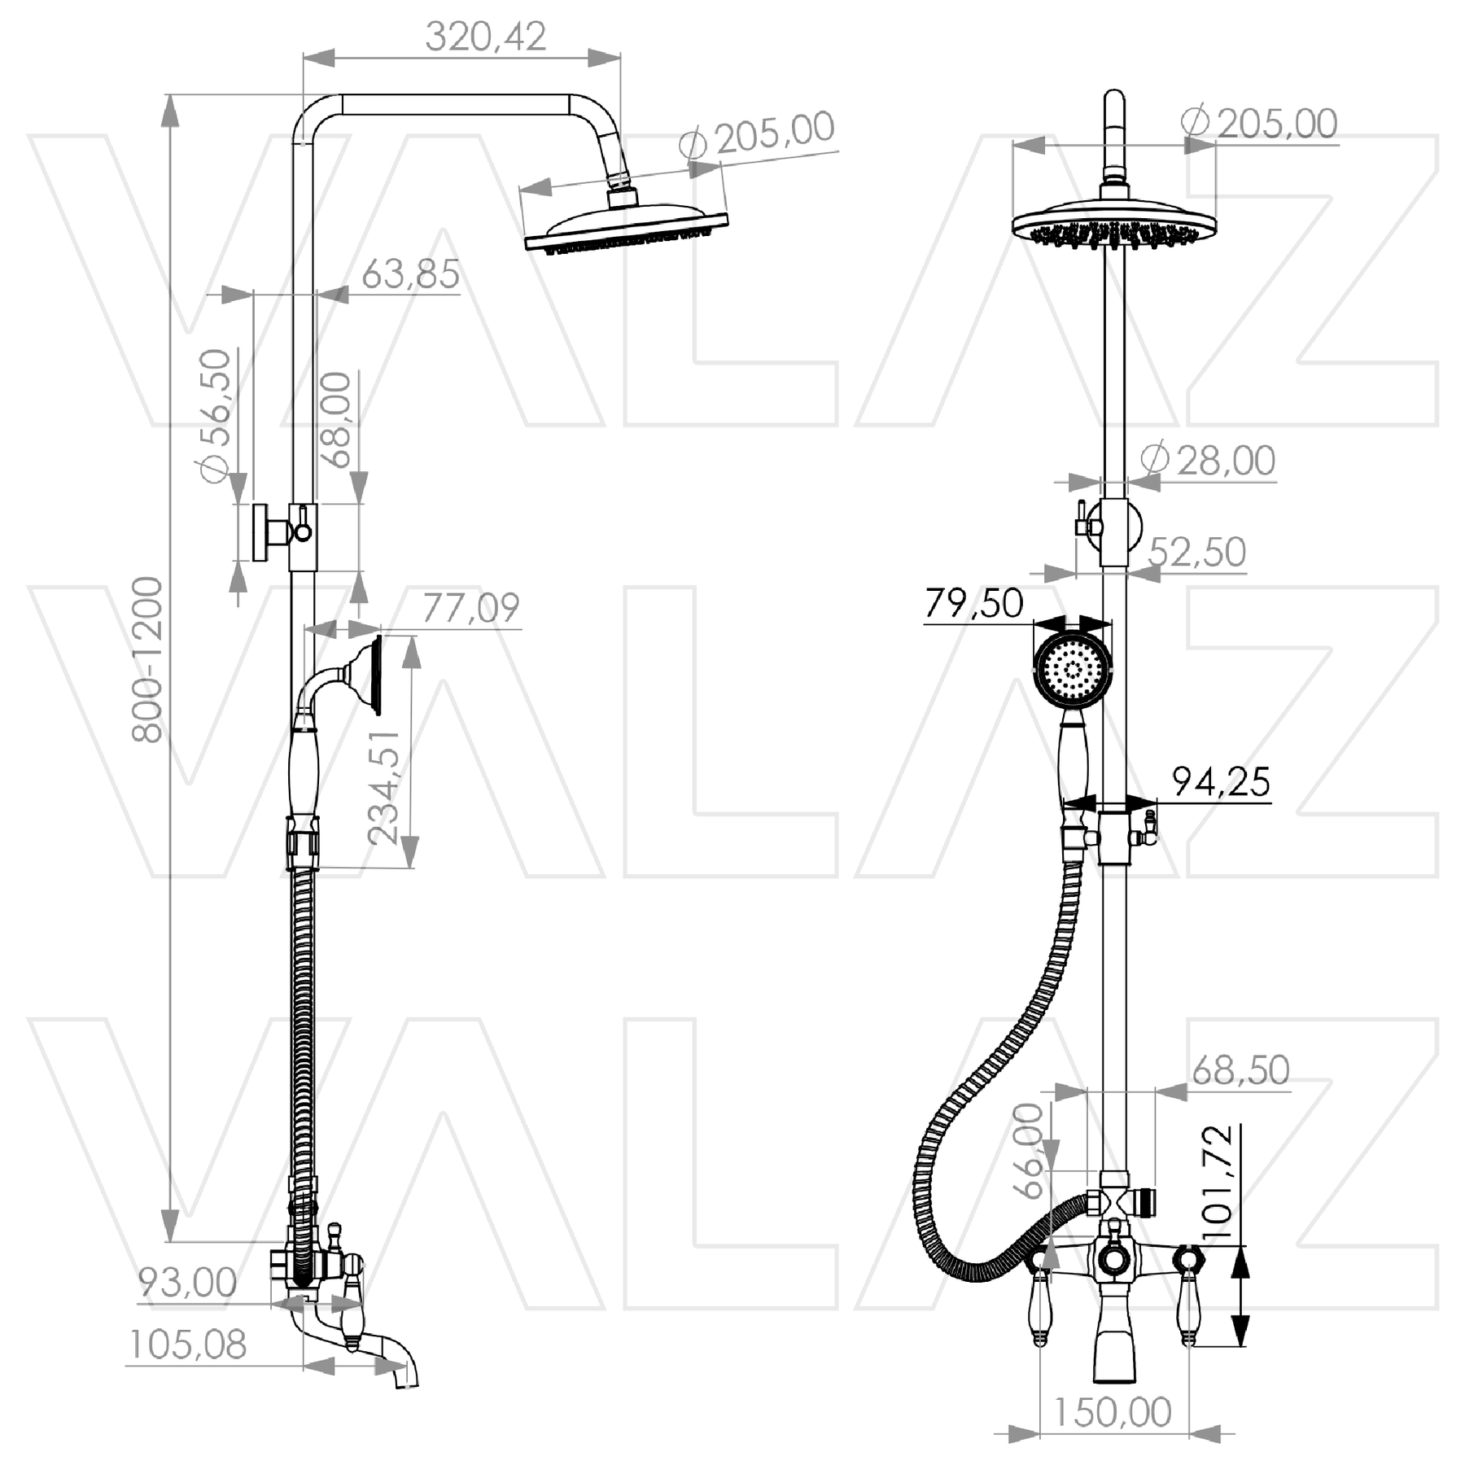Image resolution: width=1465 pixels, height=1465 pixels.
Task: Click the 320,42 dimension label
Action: (485, 37)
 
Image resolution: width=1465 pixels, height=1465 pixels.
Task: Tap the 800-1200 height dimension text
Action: (148, 659)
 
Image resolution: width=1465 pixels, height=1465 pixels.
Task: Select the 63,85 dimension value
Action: (410, 274)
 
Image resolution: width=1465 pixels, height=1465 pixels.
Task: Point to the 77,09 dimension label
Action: (470, 608)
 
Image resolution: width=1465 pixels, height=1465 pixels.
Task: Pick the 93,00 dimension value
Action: (187, 1283)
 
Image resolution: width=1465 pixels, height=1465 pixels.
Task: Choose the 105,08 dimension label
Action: (188, 1345)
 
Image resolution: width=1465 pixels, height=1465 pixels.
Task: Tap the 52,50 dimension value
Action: (1196, 552)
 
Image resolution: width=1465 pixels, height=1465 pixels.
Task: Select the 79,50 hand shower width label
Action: (973, 604)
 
